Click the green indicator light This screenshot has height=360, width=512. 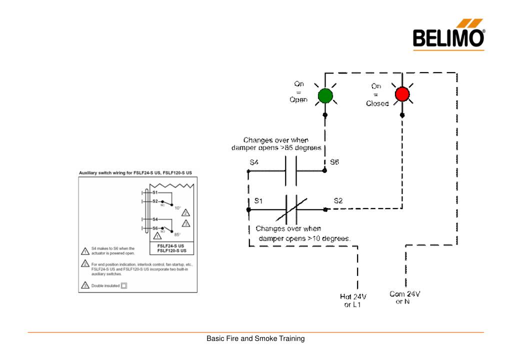(325, 95)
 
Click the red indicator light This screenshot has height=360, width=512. (402, 94)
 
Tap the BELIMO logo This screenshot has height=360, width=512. (449, 36)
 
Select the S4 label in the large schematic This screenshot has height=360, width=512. (254, 162)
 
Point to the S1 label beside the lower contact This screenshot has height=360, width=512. (258, 201)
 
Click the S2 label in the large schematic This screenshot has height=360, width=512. (338, 201)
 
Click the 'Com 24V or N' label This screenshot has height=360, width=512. (404, 298)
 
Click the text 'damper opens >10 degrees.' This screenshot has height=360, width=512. (305, 238)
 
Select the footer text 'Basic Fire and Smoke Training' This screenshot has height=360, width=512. (255, 339)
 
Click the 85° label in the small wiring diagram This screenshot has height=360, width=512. (177, 234)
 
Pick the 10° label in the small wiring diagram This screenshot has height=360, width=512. (177, 207)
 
